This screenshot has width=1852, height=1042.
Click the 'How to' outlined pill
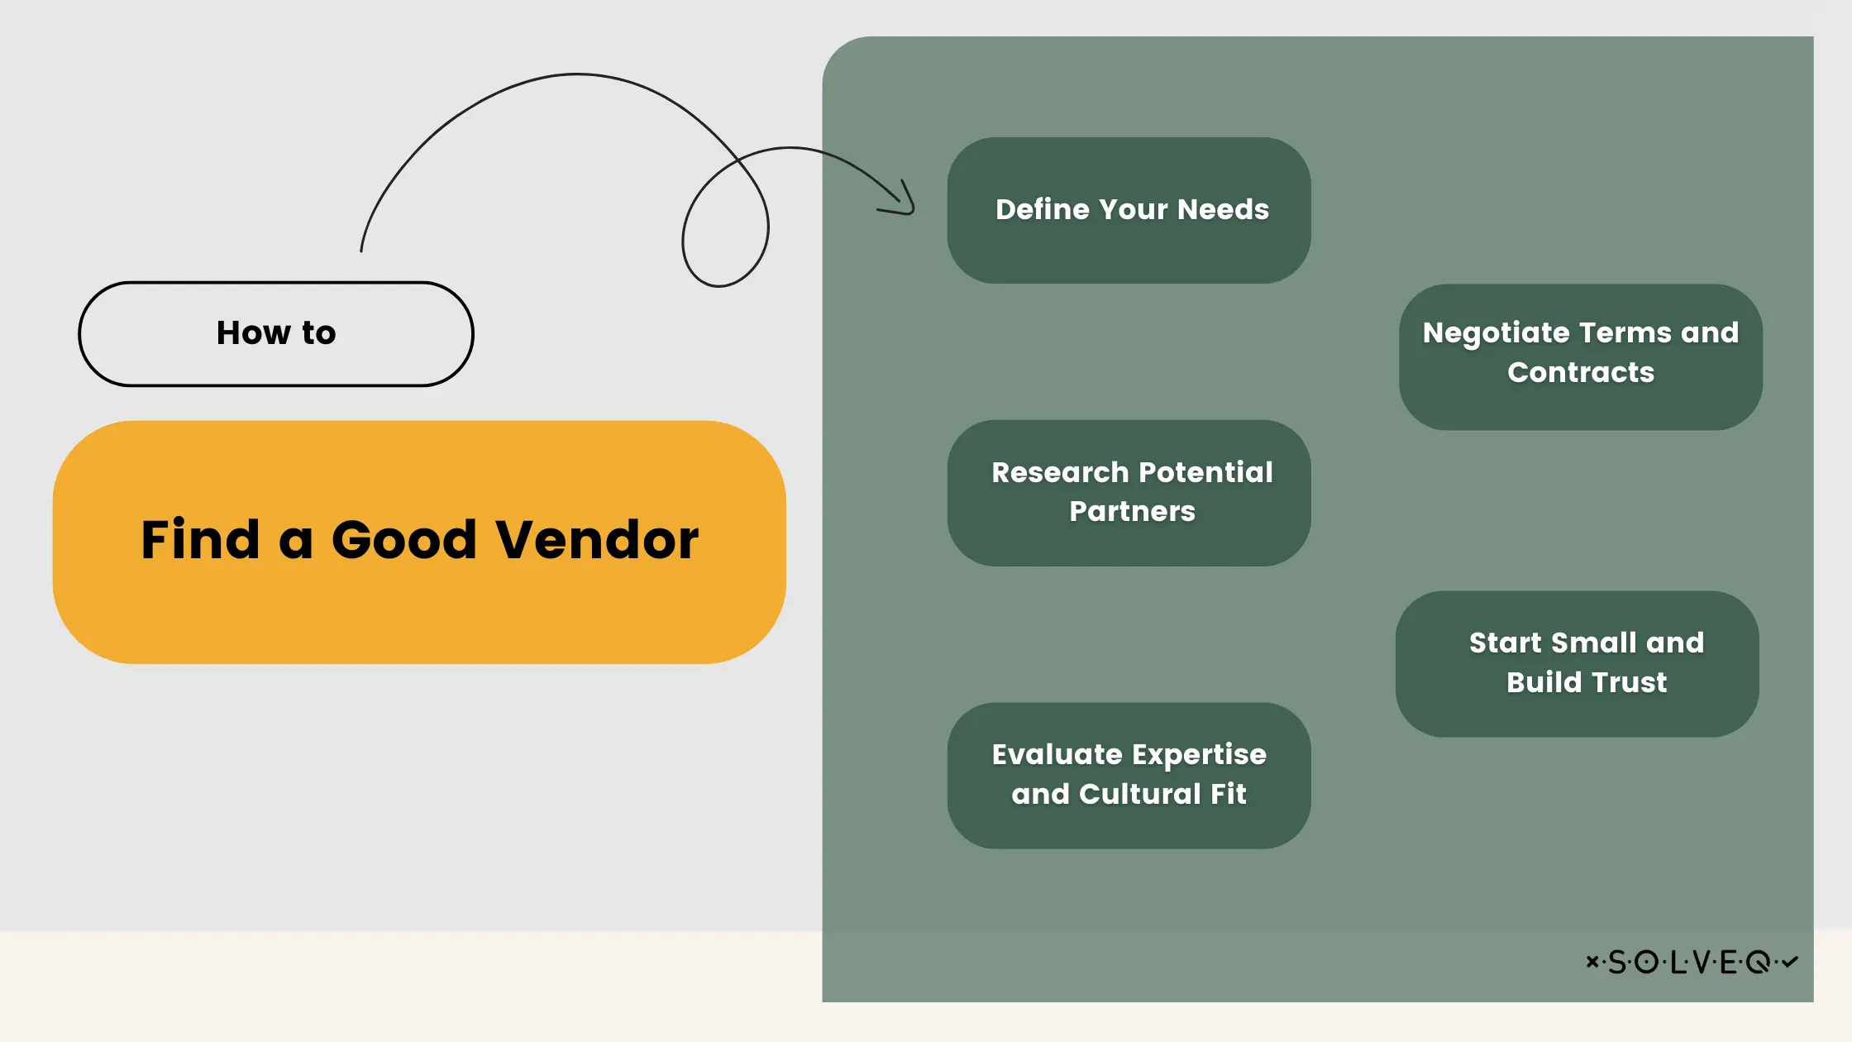click(x=276, y=334)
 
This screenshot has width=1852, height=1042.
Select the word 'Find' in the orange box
click(x=200, y=540)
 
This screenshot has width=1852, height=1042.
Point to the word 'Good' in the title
click(x=404, y=540)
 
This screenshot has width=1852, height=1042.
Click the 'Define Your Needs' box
click(x=1129, y=210)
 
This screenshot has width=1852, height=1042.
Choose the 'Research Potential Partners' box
click(x=1129, y=493)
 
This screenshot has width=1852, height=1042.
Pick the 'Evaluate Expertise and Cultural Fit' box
click(x=1129, y=775)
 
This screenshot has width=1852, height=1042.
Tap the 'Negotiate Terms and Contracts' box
click(x=1580, y=356)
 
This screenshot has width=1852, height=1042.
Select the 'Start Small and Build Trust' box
click(x=1577, y=663)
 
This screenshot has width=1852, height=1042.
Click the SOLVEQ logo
click(x=1692, y=962)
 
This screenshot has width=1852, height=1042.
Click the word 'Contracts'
click(x=1581, y=373)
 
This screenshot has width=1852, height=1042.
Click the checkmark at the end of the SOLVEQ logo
click(x=1790, y=961)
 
